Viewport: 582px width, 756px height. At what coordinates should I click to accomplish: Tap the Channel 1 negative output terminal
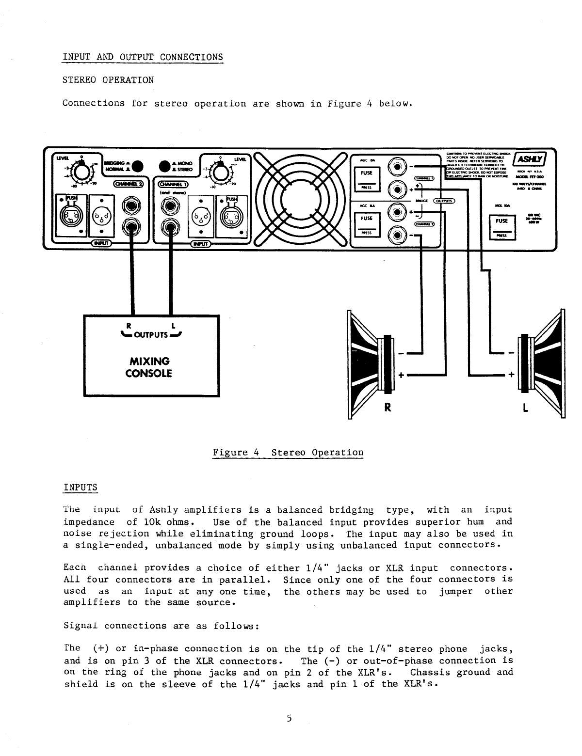tap(398, 166)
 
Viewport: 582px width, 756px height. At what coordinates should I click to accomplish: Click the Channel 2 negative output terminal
tap(398, 236)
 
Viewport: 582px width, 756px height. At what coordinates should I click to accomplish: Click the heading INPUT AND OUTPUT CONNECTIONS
tap(143, 57)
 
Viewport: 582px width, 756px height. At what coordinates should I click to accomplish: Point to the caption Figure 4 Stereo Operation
tap(288, 453)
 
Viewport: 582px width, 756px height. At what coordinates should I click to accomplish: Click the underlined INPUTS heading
tap(81, 487)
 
